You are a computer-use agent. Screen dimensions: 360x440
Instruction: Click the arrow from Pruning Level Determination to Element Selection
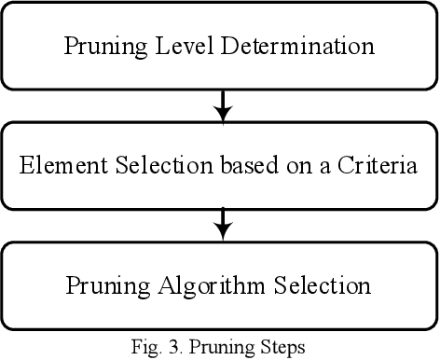click(x=221, y=105)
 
